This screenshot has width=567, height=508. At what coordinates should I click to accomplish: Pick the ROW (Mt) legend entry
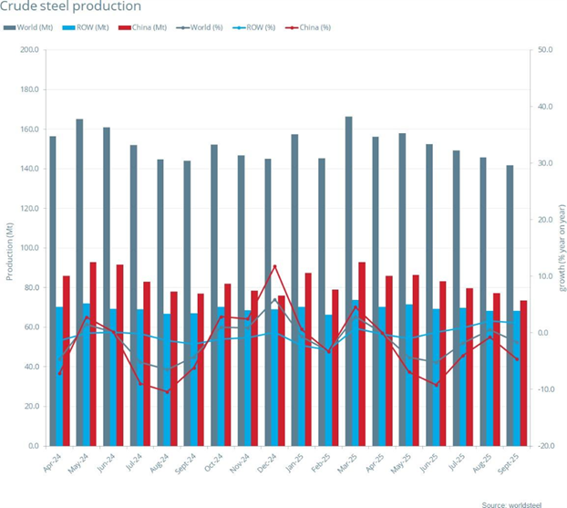click(90, 28)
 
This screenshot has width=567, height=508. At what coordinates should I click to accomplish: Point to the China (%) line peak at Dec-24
click(275, 266)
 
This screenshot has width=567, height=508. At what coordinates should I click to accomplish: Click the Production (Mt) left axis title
click(8, 247)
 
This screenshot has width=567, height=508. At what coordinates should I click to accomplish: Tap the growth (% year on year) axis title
click(560, 247)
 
